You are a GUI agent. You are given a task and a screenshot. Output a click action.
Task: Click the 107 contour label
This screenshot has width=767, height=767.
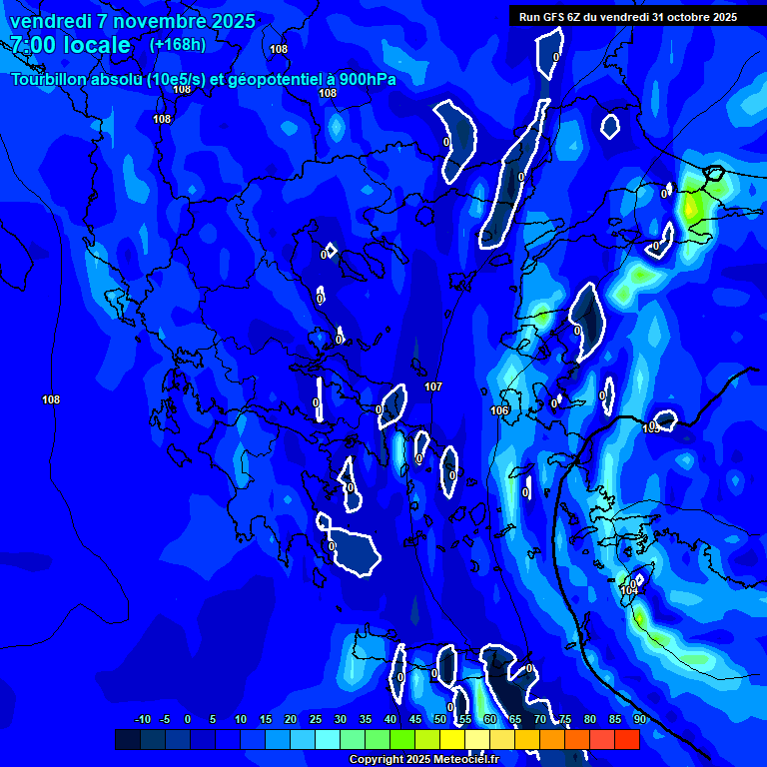tap(432, 386)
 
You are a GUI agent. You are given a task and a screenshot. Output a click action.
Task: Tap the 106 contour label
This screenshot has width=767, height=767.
tap(500, 410)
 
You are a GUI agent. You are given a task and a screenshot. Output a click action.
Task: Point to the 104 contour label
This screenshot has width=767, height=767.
tap(628, 590)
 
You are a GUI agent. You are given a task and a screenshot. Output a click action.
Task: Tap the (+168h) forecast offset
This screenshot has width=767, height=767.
tap(177, 45)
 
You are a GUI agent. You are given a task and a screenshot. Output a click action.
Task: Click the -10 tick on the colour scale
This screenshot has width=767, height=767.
tap(142, 719)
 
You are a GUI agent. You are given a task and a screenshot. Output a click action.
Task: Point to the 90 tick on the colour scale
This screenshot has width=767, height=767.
tap(639, 719)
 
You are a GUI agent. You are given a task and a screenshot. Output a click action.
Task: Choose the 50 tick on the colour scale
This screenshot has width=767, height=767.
tap(439, 719)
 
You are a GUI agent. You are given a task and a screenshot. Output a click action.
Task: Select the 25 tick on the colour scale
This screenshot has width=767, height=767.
tap(315, 719)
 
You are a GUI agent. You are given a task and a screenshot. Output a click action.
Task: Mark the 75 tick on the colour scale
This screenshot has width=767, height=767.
tap(564, 719)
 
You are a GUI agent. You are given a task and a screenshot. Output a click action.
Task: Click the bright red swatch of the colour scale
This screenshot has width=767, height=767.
tap(626, 739)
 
